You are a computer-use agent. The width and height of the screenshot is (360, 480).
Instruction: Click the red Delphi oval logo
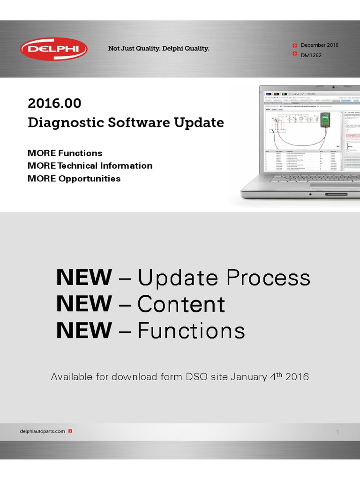pos(53,49)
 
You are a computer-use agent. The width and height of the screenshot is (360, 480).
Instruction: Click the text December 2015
pos(319,45)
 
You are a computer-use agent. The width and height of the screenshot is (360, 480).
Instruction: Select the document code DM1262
pos(311,55)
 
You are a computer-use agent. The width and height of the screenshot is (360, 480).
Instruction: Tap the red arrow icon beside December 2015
pos(294,45)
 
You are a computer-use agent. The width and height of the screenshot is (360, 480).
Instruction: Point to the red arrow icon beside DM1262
pos(294,55)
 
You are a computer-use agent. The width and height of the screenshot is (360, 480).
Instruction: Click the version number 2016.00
pos(54,103)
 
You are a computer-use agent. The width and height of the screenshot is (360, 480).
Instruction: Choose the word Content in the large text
pos(181,305)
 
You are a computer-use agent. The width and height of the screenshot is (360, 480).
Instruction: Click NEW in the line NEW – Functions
pos(84,331)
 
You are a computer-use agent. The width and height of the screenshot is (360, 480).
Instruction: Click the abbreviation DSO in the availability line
pos(197,377)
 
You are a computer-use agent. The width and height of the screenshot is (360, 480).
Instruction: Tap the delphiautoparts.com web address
pos(43,431)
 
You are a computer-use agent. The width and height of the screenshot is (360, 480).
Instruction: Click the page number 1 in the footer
pos(337,432)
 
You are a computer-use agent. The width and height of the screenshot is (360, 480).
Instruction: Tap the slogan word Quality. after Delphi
pos(196,49)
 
